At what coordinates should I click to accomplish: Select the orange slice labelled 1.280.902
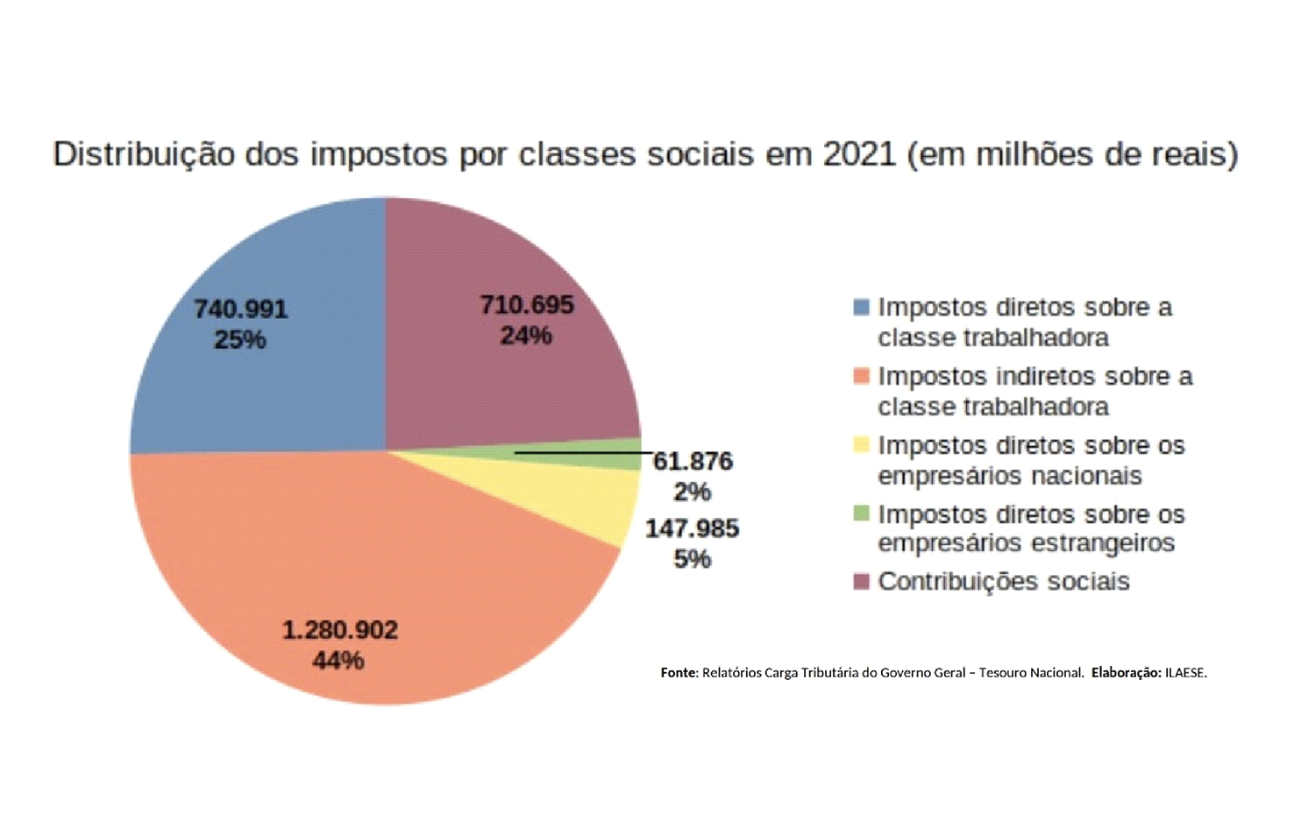point(351,561)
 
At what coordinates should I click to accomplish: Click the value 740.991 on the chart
point(240,309)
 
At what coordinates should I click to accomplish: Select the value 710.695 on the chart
point(526,305)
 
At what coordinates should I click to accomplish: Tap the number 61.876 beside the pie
point(693,462)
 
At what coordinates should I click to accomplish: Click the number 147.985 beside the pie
point(692,528)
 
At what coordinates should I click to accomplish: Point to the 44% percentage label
point(338,660)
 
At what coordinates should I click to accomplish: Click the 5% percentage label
point(692,559)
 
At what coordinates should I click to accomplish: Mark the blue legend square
point(861,308)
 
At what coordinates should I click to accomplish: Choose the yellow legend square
point(861,445)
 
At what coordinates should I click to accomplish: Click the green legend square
point(861,514)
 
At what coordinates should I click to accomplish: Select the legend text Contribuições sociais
point(1003,582)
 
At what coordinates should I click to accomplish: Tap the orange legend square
point(861,376)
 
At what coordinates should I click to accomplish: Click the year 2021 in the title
point(858,154)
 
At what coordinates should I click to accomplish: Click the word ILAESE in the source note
point(1184,673)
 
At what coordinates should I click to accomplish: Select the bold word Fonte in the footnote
point(678,673)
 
